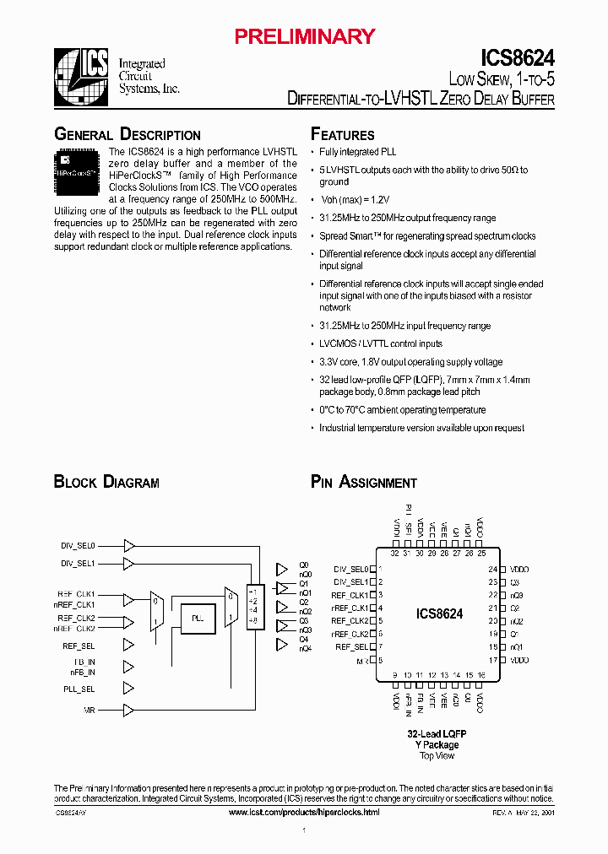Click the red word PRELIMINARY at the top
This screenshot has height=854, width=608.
303,36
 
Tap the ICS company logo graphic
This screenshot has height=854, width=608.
82,74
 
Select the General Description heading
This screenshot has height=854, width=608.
128,135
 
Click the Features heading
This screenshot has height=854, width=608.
343,135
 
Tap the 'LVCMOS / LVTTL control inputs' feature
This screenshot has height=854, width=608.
381,344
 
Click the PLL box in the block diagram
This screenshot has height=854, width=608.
198,619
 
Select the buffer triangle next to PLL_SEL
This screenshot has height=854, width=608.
129,688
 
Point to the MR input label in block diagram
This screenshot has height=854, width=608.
89,711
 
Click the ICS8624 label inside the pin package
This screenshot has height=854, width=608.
439,614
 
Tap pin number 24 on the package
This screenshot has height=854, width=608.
492,570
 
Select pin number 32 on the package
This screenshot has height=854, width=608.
394,554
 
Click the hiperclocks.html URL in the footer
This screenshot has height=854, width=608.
304,812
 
